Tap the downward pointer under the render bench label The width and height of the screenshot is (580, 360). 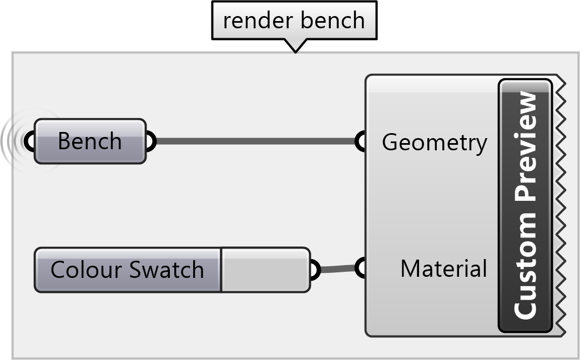coord(295,46)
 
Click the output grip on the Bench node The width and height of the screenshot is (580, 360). coord(150,141)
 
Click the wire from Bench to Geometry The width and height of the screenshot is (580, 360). coord(255,141)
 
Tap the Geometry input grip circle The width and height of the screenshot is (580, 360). coord(361,141)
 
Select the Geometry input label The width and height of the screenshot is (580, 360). coord(434,143)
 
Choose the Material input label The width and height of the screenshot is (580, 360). coord(443,269)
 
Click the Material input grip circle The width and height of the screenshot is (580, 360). coord(361,268)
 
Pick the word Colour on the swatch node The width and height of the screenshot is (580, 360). coord(86,270)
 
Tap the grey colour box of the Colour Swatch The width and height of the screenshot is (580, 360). coord(265,270)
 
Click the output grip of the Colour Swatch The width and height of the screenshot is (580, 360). coord(314,270)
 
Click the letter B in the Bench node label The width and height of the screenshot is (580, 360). coord(64,141)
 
